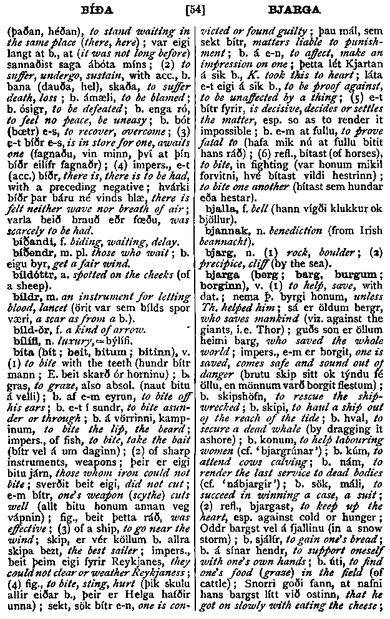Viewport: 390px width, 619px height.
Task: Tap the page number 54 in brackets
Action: pos(195,9)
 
